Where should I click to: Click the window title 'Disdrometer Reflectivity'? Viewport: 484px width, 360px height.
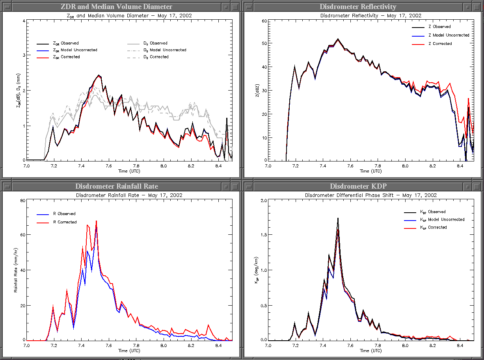tap(358, 7)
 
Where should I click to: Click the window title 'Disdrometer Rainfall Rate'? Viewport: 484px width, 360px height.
tap(117, 186)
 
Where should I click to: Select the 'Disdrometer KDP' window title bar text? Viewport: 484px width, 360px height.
tap(358, 186)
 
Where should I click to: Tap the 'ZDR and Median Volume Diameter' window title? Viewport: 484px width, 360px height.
tap(117, 7)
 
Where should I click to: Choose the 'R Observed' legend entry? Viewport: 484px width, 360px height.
tap(64, 214)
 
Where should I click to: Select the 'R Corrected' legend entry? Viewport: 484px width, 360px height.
tap(65, 222)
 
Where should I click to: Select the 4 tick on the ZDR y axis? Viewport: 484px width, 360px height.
tap(24, 21)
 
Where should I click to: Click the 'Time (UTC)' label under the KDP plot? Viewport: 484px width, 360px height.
tap(370, 351)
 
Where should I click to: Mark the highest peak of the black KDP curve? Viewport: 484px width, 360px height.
tap(338, 218)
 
